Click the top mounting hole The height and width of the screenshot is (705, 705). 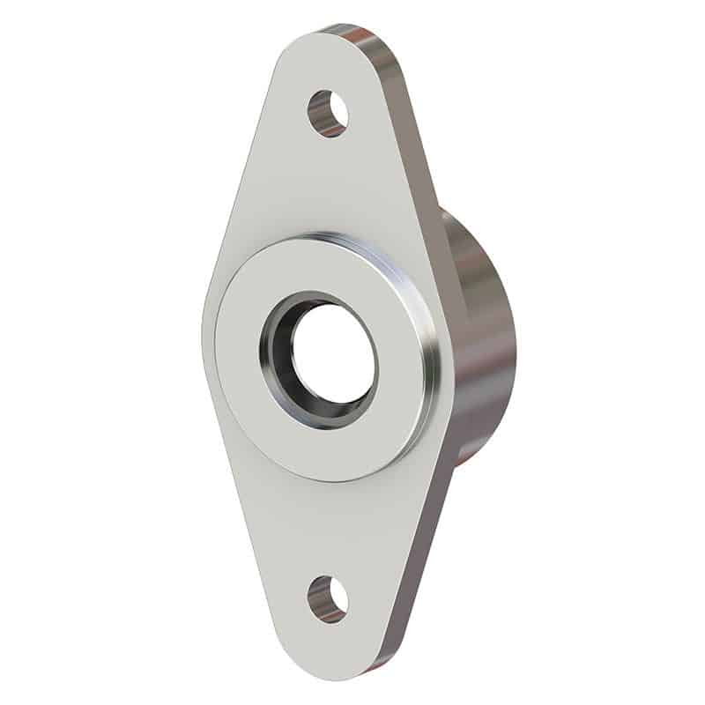328,113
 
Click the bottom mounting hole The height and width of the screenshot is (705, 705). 328,599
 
